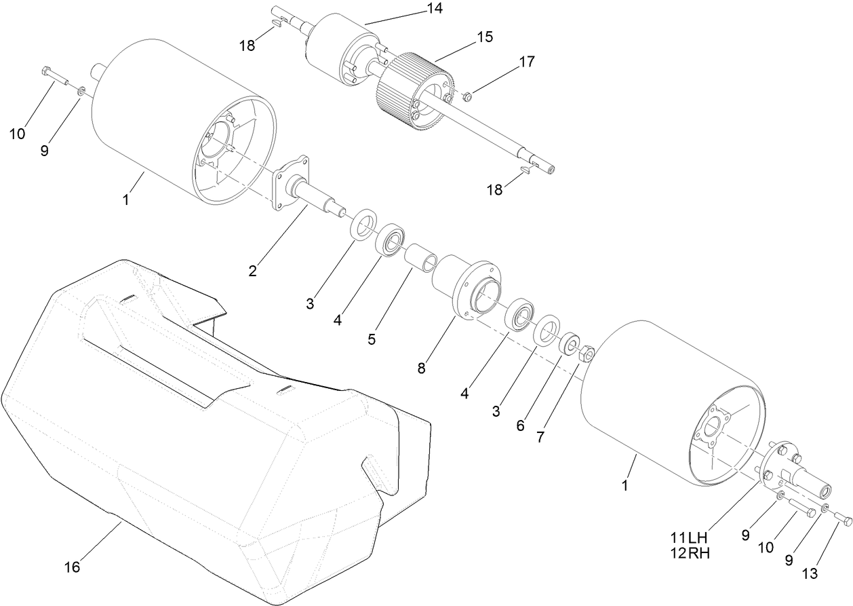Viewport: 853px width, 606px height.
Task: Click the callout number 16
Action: pos(72,567)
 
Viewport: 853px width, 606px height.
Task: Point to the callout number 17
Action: pos(526,62)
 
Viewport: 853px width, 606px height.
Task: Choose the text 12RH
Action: pos(690,553)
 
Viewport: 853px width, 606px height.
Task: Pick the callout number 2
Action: pos(252,271)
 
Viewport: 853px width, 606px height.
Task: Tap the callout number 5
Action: pos(372,339)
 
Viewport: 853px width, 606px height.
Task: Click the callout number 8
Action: pos(421,369)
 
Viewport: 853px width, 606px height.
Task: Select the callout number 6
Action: pos(520,425)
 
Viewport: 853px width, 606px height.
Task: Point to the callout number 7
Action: pos(540,438)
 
